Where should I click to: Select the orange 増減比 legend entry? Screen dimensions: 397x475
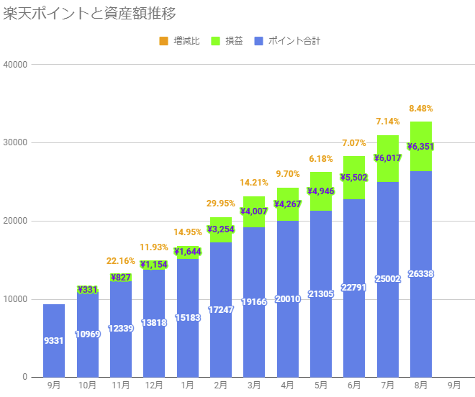click(x=179, y=41)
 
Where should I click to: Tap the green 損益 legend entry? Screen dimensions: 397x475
click(x=227, y=41)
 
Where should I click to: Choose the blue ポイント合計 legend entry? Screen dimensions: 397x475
click(x=287, y=41)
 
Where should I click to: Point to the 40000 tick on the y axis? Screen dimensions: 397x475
click(x=15, y=65)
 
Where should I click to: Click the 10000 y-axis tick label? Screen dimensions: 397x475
click(x=15, y=299)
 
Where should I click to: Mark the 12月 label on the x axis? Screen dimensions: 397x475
click(x=154, y=385)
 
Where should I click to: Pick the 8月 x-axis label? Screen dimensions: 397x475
click(x=421, y=385)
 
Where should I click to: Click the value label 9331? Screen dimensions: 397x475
click(x=54, y=340)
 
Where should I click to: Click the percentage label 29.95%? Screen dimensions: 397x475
click(x=221, y=204)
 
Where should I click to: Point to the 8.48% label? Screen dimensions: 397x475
click(x=421, y=109)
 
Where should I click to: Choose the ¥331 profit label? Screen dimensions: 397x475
click(x=87, y=290)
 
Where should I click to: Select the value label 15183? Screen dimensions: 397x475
click(x=187, y=317)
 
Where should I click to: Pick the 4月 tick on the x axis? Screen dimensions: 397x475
click(x=287, y=385)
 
